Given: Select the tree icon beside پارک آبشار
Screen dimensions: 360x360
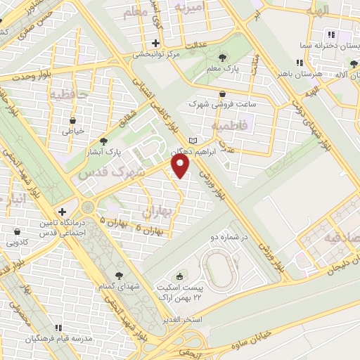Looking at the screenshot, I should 104,140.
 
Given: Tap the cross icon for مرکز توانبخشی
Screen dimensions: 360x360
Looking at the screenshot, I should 155,43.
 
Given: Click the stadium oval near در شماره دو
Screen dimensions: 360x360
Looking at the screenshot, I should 219,268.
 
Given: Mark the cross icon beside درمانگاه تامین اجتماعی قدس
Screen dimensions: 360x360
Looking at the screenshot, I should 62,211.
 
